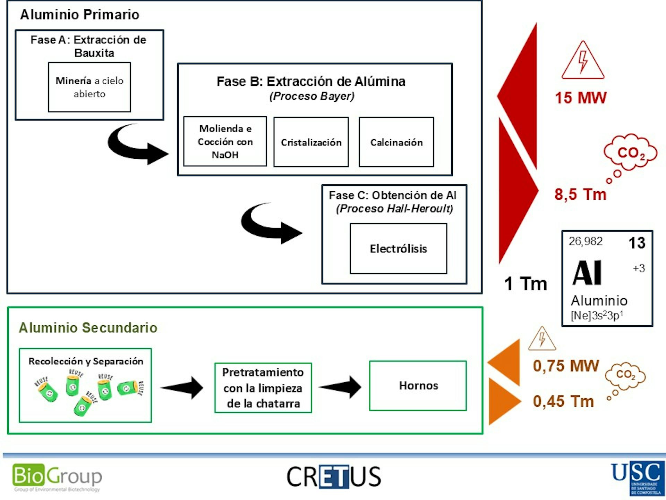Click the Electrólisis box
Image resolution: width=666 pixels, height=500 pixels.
398,249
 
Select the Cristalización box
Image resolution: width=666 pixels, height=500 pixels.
311,142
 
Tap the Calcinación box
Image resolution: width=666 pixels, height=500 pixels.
396,142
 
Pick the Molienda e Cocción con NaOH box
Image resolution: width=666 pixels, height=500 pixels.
225,141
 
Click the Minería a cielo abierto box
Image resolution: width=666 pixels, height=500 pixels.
89,87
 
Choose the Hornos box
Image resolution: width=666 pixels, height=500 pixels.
418,385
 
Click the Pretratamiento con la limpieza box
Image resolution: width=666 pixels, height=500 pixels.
263,387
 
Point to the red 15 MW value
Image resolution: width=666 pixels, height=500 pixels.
580,98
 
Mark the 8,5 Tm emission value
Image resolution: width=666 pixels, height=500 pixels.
580,194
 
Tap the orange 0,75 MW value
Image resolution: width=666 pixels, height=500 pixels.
566,366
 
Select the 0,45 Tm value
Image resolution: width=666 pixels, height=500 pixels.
563,401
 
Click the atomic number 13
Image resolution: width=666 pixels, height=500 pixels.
637,243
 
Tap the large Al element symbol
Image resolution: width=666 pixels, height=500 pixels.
587,273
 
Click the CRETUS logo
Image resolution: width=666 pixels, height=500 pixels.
334,477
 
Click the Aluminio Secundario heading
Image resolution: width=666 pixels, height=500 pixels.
88,327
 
